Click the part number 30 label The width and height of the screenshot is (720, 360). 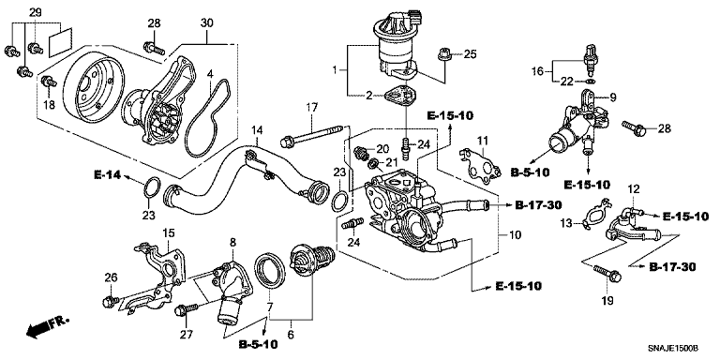pos(207,22)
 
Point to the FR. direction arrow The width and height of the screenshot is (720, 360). pos(47,326)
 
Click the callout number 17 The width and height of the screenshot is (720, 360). pos(312,110)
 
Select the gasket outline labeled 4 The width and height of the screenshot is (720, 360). pos(208,118)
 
